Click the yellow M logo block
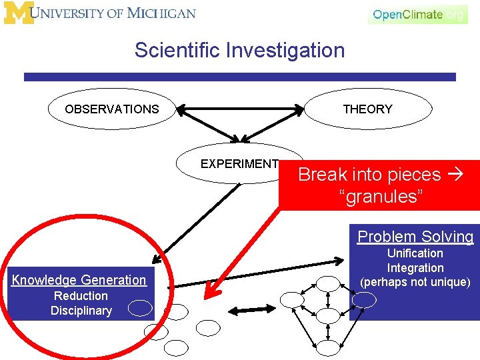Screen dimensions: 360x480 click(x=19, y=13)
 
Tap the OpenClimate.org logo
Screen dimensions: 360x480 click(x=418, y=14)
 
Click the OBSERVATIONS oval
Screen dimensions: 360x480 click(x=112, y=109)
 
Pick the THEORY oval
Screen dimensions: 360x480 click(x=367, y=109)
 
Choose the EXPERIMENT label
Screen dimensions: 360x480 click(x=239, y=163)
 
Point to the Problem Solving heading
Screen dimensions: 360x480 click(x=415, y=236)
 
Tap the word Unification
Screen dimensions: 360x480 click(x=415, y=253)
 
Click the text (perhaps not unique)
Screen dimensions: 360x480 click(x=415, y=282)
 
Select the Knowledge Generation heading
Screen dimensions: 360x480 click(x=79, y=280)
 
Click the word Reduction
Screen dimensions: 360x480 click(x=81, y=295)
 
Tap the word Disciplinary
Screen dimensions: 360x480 click(x=81, y=310)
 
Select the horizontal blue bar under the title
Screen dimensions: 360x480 click(x=239, y=77)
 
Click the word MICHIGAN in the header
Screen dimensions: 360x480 click(x=161, y=13)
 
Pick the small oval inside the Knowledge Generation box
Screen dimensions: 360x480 click(x=140, y=307)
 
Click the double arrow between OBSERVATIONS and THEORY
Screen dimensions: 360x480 click(x=239, y=109)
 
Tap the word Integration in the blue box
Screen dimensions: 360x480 click(x=415, y=267)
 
